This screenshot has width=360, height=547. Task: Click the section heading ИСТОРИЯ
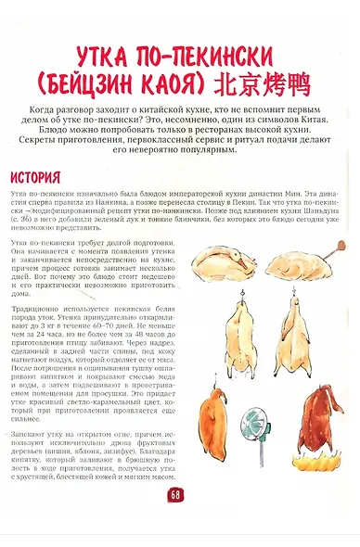click(36, 176)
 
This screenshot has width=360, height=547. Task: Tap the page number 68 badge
click(176, 494)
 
